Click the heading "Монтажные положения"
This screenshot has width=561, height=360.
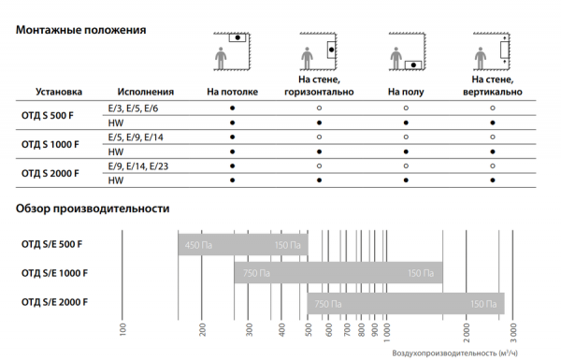click(80, 30)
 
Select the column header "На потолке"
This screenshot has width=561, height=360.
click(232, 92)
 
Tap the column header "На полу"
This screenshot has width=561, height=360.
click(406, 92)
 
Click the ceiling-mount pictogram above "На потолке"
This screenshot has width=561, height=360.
click(232, 50)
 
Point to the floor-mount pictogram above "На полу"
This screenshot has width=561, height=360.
click(407, 50)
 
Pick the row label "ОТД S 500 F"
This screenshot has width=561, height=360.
click(48, 116)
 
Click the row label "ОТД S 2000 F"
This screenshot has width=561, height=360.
click(50, 174)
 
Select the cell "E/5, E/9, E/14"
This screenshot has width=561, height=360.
click(136, 137)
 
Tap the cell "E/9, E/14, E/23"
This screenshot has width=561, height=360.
click(138, 166)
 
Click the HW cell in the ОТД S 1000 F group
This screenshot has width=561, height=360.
click(116, 152)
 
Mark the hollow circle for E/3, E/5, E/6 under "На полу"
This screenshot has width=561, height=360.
click(406, 108)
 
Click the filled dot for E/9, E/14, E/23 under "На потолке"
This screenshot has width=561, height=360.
click(232, 166)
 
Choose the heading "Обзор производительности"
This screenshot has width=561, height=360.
click(93, 209)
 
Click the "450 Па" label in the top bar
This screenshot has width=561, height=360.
click(198, 246)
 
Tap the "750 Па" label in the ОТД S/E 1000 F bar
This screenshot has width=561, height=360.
click(256, 273)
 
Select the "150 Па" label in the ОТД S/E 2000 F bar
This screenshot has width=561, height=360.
click(483, 304)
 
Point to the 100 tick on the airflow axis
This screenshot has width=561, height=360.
click(122, 329)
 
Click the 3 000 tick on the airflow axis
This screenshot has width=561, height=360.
click(513, 333)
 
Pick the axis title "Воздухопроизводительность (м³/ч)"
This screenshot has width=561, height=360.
click(454, 353)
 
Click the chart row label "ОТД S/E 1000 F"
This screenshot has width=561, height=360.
click(54, 273)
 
